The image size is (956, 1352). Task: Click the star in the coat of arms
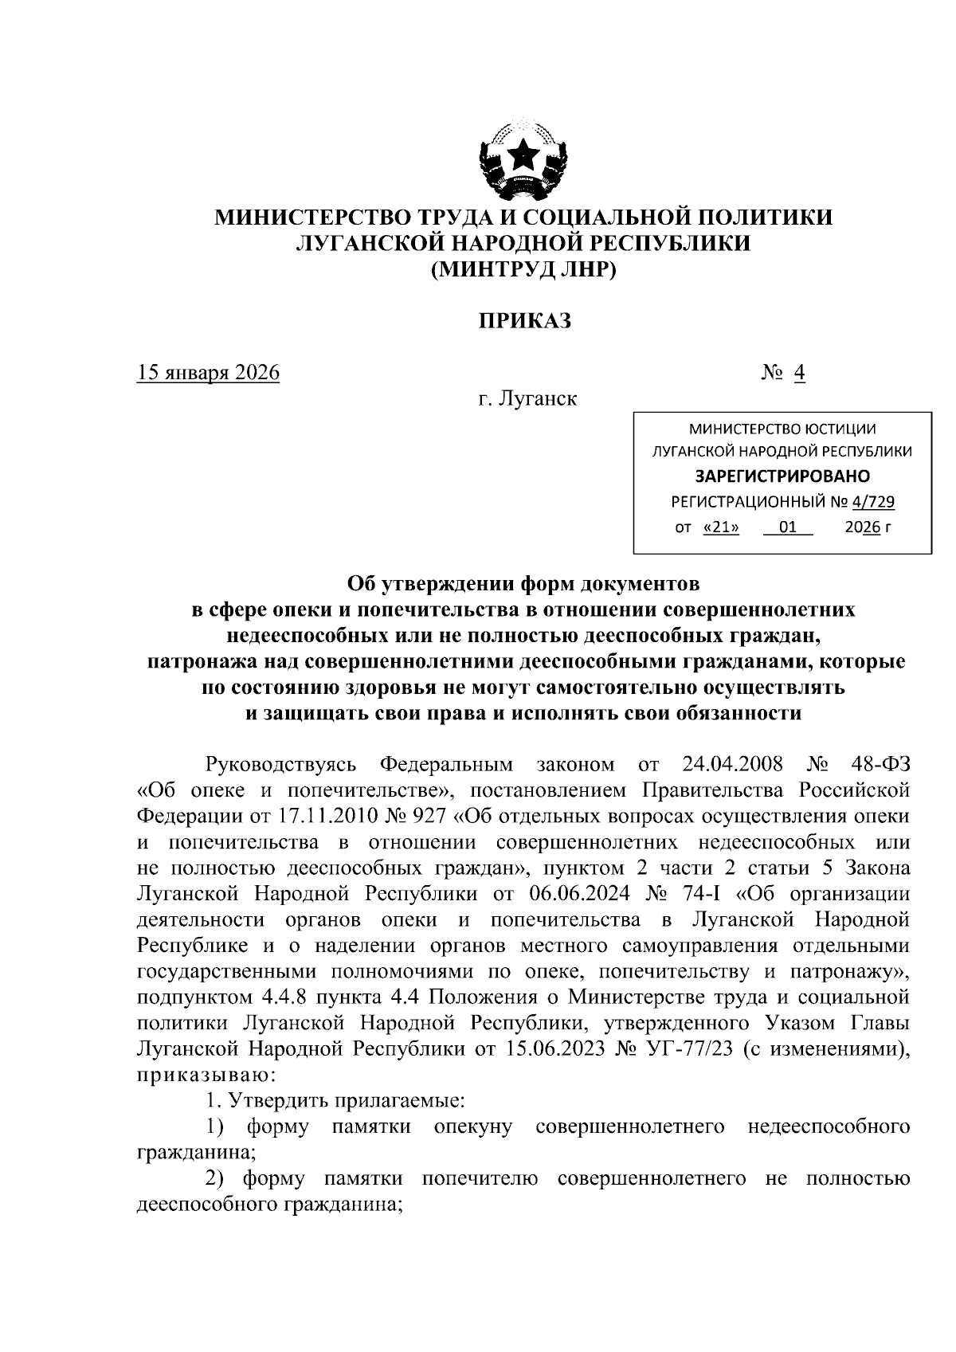coord(524,155)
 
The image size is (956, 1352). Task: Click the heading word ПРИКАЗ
coord(525,321)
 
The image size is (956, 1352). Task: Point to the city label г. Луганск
coord(527,398)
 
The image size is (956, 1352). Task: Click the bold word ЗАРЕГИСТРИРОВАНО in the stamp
coord(782,476)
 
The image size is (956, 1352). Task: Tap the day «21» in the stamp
coord(722,527)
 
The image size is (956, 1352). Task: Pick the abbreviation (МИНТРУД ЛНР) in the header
coord(524,270)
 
